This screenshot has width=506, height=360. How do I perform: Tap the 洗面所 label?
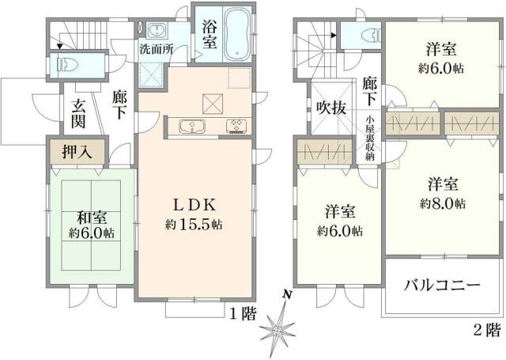tap(158, 48)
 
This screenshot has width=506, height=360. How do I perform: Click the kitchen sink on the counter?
tap(191, 127)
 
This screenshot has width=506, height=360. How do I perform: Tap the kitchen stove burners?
tap(237, 127)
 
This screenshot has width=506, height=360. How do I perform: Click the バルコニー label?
tap(443, 285)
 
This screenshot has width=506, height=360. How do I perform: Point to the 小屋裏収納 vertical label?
tap(369, 139)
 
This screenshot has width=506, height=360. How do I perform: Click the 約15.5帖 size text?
tap(194, 224)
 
